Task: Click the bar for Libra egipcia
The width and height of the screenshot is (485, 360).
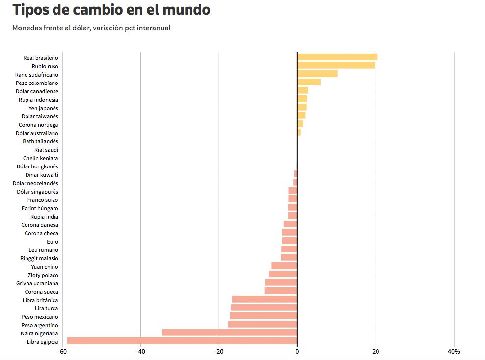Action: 182,341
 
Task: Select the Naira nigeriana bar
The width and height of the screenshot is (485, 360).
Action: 229,332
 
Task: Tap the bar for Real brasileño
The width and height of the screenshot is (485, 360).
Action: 337,57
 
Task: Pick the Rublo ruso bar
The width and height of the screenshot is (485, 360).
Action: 336,65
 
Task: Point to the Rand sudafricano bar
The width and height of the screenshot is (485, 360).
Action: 317,74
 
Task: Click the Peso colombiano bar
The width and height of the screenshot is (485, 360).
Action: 309,82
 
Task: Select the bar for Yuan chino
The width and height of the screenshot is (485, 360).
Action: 284,266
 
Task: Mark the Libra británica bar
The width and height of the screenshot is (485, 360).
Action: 265,299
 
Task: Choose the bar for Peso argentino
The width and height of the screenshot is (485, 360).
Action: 263,324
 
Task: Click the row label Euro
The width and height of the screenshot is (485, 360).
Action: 53,242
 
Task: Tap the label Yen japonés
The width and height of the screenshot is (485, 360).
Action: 44,108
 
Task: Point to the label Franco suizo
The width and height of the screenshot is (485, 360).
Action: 43,200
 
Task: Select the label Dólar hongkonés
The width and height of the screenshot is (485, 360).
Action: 37,166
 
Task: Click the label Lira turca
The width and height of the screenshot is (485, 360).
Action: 47,308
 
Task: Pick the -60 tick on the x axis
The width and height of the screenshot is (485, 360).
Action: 62,352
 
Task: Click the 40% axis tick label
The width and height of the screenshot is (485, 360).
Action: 454,352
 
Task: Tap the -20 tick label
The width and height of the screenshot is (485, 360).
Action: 219,352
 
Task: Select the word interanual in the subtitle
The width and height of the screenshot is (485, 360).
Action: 154,28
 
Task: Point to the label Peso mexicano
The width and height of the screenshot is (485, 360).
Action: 40,317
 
